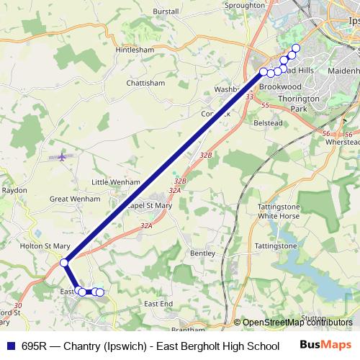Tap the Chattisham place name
(x=145, y=83)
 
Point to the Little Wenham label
(x=115, y=182)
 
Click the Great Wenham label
(x=75, y=198)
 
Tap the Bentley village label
(x=202, y=253)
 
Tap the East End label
(x=158, y=304)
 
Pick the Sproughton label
(x=245, y=5)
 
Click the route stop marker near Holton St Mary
(x=64, y=263)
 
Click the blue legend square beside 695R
(x=9, y=346)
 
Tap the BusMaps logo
(x=325, y=346)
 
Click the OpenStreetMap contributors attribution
(x=296, y=323)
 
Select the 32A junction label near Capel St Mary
(x=147, y=226)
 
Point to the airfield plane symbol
(x=63, y=156)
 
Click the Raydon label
(x=14, y=190)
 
